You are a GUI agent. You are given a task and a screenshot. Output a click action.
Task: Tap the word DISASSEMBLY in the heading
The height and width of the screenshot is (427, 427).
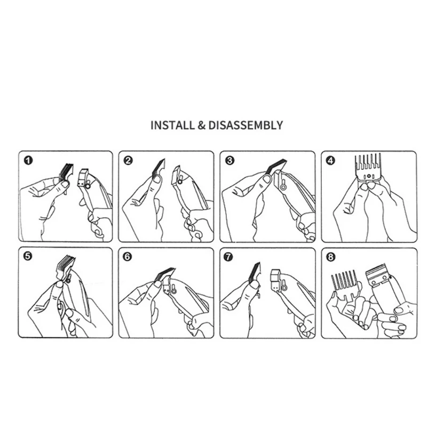pos(246,125)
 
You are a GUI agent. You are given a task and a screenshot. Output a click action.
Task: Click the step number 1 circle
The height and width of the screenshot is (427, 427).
pos(28,161)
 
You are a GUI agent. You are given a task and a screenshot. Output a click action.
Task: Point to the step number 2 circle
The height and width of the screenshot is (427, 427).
pos(128,161)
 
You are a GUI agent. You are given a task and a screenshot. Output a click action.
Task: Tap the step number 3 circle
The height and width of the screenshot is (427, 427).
pos(230,161)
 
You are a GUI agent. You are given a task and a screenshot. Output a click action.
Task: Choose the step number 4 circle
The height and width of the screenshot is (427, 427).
pos(330,161)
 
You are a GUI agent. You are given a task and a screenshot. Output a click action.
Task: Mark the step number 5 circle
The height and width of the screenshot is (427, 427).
pos(28,257)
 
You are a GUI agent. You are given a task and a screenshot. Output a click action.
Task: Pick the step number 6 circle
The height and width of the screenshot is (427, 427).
pos(127,257)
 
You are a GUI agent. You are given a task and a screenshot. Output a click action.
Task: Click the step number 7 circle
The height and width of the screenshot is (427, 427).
pos(228,257)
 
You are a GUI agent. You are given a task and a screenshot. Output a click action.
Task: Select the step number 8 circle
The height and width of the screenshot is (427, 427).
pos(331,257)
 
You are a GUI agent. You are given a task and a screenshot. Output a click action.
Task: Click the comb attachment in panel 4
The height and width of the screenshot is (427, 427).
pos(368,167)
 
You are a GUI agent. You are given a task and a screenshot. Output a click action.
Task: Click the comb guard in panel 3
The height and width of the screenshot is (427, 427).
pos(275,167)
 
